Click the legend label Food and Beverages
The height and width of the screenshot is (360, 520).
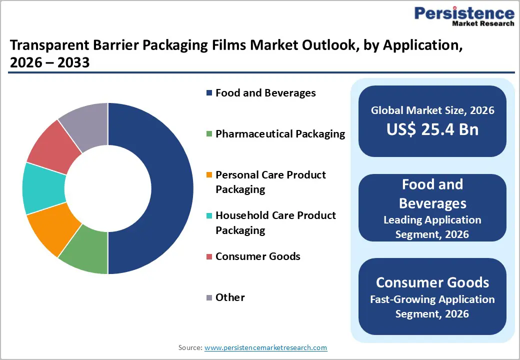pos(265,93)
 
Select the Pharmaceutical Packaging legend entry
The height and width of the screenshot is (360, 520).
pos(280,134)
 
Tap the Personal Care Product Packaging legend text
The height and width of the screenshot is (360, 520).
pos(270,182)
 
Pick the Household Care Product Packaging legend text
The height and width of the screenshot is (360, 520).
pos(275,222)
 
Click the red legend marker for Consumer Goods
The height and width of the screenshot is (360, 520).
pos(209,257)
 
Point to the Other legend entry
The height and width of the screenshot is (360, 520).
pos(230,297)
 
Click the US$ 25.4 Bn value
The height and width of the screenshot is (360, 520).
pos(432,129)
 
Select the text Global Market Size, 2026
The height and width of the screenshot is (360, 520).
pos(432,110)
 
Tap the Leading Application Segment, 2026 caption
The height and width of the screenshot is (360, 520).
pos(432,227)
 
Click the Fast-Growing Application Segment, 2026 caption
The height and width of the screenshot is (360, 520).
pos(432,306)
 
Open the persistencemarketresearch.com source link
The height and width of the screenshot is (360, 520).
pos(265,347)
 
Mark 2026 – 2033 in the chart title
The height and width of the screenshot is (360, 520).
pos(49,63)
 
